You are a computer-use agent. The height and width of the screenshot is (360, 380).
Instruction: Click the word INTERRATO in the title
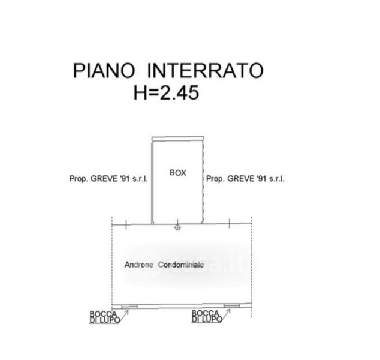coord(204,71)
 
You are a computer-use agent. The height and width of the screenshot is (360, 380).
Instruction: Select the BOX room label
coord(177,173)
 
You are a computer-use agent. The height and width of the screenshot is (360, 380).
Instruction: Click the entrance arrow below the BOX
coord(177,227)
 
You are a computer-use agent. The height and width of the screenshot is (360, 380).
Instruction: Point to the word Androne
coord(138,265)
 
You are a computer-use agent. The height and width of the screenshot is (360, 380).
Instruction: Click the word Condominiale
coord(180,265)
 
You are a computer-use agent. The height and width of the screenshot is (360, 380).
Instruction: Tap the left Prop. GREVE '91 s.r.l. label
coord(109,179)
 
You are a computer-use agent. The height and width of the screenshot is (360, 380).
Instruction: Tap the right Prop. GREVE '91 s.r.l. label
coord(245,179)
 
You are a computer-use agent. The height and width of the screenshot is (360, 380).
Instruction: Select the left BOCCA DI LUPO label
coord(104,317)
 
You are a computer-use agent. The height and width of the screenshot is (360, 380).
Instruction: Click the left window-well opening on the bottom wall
coord(129,307)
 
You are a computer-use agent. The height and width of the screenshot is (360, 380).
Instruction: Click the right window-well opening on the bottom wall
coord(231,307)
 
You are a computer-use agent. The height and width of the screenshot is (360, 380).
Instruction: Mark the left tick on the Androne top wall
coord(126,224)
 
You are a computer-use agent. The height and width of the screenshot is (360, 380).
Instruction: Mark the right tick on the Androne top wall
coord(231,224)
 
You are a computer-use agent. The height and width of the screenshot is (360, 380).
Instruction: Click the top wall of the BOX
coord(179,139)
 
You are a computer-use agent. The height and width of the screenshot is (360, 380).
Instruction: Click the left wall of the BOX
coord(152,180)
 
